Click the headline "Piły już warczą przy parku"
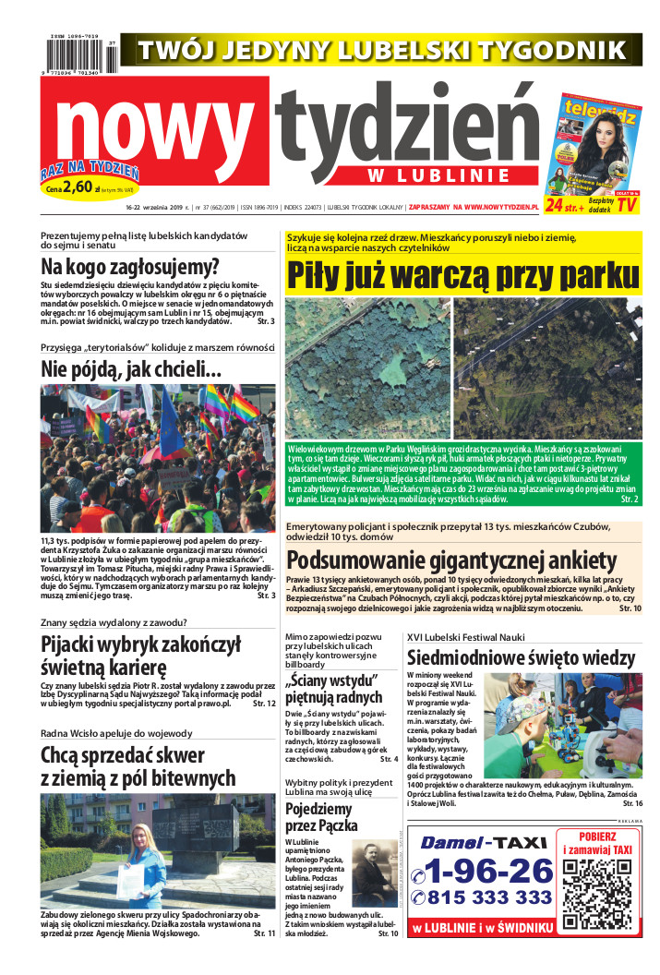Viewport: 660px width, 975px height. (462, 275)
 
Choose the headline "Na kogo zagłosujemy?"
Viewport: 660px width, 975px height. (129, 268)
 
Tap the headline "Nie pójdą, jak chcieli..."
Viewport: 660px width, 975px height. (131, 369)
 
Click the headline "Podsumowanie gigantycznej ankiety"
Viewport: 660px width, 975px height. (451, 560)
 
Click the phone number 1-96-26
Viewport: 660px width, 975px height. (484, 870)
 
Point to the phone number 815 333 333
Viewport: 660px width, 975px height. (484, 897)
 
